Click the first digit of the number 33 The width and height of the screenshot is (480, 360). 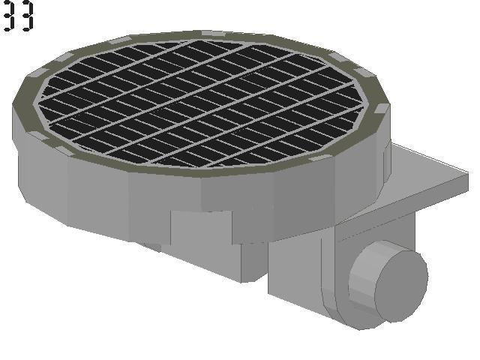coord(9,15)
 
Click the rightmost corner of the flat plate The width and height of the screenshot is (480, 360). coord(468,174)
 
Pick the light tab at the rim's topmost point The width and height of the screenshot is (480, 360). coord(213,33)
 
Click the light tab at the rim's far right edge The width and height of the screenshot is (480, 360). coord(382,108)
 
